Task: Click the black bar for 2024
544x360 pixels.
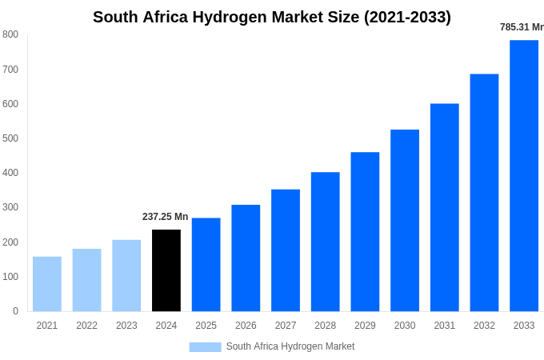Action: coord(166,270)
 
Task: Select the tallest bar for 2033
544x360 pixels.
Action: coord(524,176)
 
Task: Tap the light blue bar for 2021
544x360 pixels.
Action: coord(47,284)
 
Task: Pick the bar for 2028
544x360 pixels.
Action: coord(325,242)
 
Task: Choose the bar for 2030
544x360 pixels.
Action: coord(405,220)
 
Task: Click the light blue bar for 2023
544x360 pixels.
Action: coord(126,275)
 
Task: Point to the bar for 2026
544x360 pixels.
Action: coord(246,258)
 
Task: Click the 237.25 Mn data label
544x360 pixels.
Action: coord(165,217)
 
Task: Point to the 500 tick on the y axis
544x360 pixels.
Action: coord(10,138)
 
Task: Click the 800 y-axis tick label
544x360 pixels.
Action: coord(10,34)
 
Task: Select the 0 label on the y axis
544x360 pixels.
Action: coord(15,311)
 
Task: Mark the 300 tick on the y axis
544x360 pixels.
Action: coord(10,207)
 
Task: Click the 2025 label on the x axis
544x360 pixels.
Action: coord(206,326)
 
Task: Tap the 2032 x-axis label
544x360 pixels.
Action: coord(484,326)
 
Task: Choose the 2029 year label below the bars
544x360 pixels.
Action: coord(365,326)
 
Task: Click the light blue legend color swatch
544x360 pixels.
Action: coord(205,347)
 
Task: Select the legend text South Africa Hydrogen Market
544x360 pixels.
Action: coord(290,346)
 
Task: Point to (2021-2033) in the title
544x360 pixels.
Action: coord(407,17)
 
